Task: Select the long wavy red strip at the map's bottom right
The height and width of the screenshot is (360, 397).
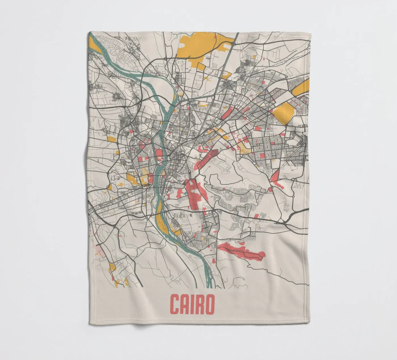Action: pos(244,251)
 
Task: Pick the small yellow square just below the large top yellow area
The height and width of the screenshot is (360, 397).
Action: pos(201,66)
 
